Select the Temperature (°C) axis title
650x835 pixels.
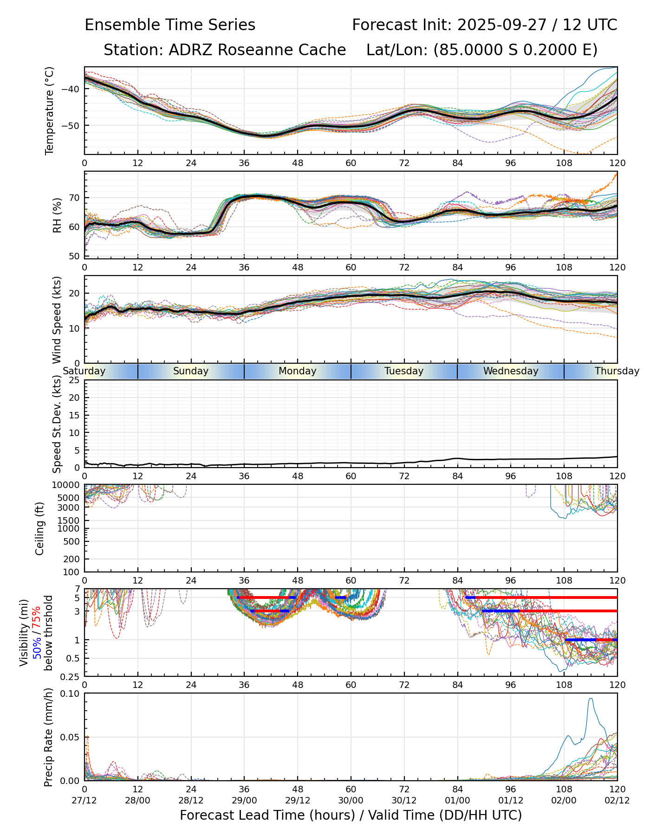pos(50,110)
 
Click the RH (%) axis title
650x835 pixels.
pos(57,215)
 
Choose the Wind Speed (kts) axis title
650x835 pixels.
pos(57,320)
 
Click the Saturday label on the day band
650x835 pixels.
pos(84,371)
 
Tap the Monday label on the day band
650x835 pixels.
pos(298,371)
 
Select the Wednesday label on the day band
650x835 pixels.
pos(511,371)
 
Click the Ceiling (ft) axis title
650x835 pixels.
pos(40,528)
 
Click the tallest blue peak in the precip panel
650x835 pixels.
pos(591,699)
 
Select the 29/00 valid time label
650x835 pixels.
pos(244,801)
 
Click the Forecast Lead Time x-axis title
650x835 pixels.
pos(351,816)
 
